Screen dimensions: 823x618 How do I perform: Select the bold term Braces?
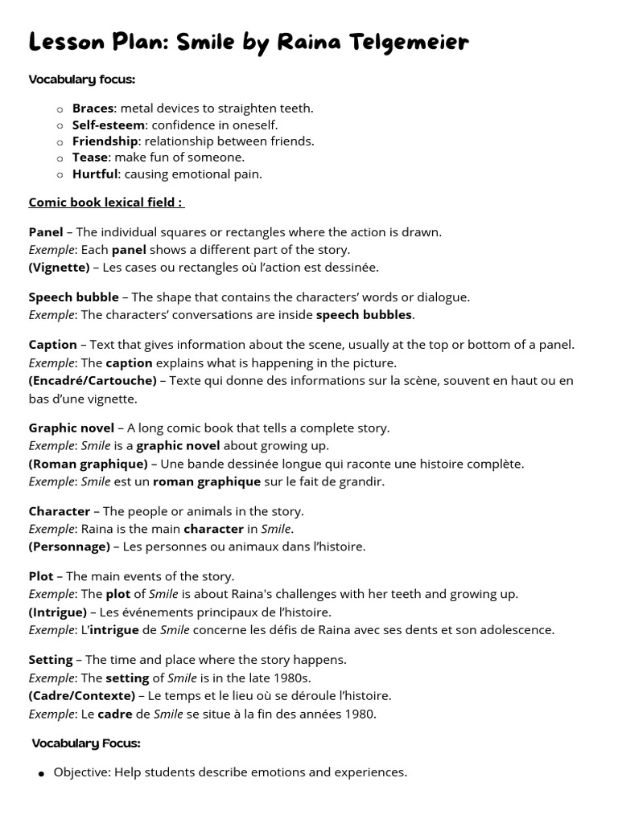click(93, 109)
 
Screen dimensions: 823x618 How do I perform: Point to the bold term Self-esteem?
click(108, 125)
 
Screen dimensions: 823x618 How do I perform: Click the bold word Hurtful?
click(95, 174)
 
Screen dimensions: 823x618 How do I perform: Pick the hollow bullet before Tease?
click(60, 158)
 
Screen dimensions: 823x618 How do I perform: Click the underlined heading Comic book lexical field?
click(105, 203)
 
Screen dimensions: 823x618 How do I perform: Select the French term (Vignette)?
click(59, 268)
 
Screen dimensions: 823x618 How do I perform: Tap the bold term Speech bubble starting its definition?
click(73, 297)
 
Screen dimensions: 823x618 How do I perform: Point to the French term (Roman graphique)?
click(88, 464)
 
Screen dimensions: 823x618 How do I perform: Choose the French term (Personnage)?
click(69, 547)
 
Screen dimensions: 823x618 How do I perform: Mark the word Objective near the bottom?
click(81, 772)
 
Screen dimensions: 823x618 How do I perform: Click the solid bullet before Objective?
click(40, 773)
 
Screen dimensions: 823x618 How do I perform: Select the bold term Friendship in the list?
click(105, 141)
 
